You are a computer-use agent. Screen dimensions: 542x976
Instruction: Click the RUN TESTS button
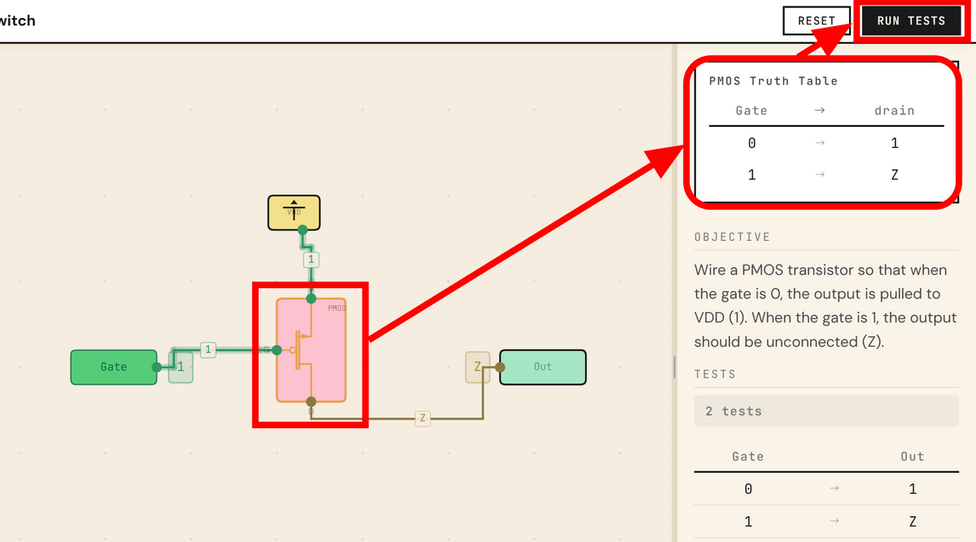(x=911, y=20)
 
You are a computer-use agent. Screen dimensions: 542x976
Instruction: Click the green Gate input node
(x=113, y=367)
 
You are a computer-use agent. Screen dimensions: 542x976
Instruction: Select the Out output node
(x=542, y=367)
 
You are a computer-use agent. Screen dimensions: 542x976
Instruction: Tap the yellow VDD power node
(x=294, y=212)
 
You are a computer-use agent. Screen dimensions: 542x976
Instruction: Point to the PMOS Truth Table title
(x=773, y=81)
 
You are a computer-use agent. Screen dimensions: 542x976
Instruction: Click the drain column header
(x=894, y=111)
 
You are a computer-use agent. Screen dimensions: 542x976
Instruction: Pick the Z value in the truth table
(x=894, y=175)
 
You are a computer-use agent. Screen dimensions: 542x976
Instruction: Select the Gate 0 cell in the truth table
(x=752, y=143)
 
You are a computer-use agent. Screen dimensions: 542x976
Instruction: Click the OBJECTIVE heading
(x=732, y=237)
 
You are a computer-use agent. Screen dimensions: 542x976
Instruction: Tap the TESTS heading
(x=715, y=374)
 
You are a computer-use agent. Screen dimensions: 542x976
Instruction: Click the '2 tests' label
(x=734, y=411)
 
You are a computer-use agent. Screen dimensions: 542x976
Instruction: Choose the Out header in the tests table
(x=912, y=457)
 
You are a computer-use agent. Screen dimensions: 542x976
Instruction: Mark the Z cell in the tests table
(x=912, y=522)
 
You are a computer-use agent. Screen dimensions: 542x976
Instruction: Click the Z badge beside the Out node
(x=477, y=367)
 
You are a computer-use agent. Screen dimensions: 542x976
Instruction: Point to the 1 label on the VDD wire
(x=311, y=260)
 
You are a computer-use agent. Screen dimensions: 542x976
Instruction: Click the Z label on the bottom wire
(x=421, y=418)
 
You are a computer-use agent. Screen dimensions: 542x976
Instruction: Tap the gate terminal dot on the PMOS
(x=277, y=350)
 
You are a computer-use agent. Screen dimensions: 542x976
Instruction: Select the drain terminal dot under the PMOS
(x=311, y=402)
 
